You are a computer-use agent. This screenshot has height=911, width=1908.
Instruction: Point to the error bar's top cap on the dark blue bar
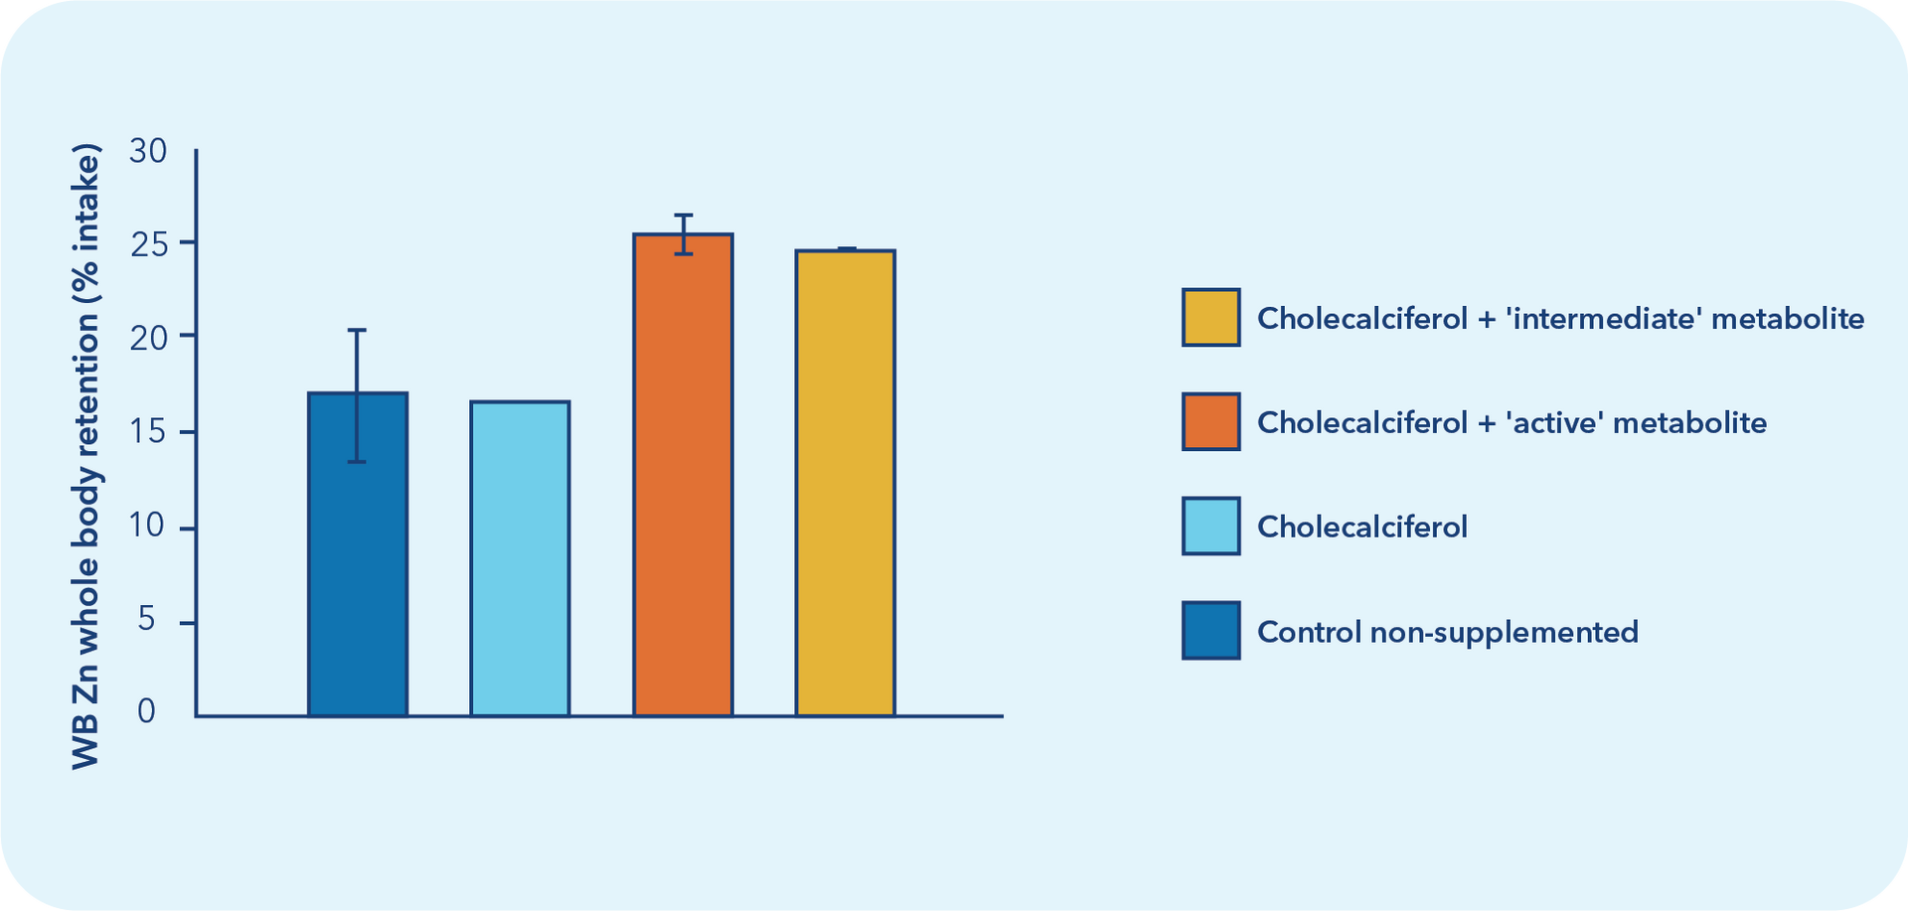(x=357, y=330)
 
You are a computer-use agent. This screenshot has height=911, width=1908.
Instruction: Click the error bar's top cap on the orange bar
(x=683, y=216)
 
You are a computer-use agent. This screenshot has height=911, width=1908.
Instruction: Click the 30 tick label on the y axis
(x=148, y=151)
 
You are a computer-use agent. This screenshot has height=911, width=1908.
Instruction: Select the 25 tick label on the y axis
(x=148, y=243)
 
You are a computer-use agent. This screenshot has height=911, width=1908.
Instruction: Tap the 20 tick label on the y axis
(x=148, y=338)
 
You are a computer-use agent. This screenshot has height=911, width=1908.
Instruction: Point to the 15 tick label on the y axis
(x=148, y=432)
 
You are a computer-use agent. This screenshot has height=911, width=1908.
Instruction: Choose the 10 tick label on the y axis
(x=148, y=526)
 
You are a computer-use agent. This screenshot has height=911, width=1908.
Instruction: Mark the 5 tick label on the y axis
(x=147, y=620)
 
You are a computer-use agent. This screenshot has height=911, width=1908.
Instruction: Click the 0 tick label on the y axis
(x=147, y=711)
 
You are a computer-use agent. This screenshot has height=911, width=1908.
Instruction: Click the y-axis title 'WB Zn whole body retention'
(x=86, y=457)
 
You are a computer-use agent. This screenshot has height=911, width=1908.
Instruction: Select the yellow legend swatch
(x=1210, y=318)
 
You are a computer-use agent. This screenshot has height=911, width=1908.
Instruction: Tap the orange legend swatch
(x=1210, y=422)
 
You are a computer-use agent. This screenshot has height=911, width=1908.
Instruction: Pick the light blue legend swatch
(x=1210, y=527)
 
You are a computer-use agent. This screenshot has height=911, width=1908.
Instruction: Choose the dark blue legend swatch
(x=1210, y=631)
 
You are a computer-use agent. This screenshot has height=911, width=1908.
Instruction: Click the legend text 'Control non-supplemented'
(x=1447, y=632)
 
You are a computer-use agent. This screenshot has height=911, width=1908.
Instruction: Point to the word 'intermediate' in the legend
(x=1600, y=318)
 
